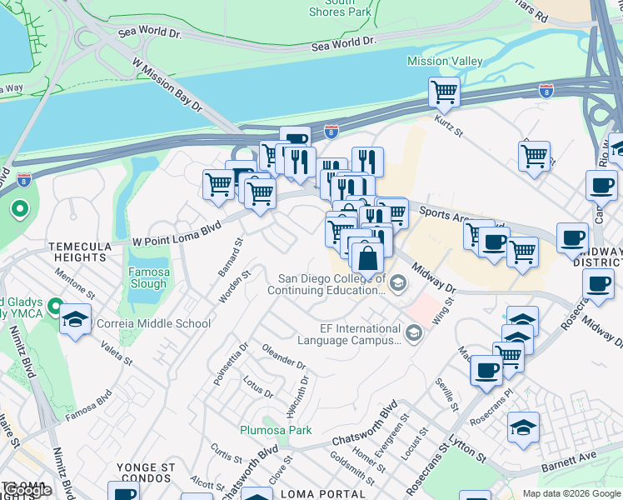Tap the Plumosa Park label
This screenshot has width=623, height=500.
276,430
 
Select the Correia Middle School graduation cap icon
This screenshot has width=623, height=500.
76,321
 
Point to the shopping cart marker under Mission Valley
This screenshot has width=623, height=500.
445,92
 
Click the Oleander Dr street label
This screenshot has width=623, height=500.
284,357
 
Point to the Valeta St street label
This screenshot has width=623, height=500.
117,351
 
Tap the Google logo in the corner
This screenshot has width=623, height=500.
27,490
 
